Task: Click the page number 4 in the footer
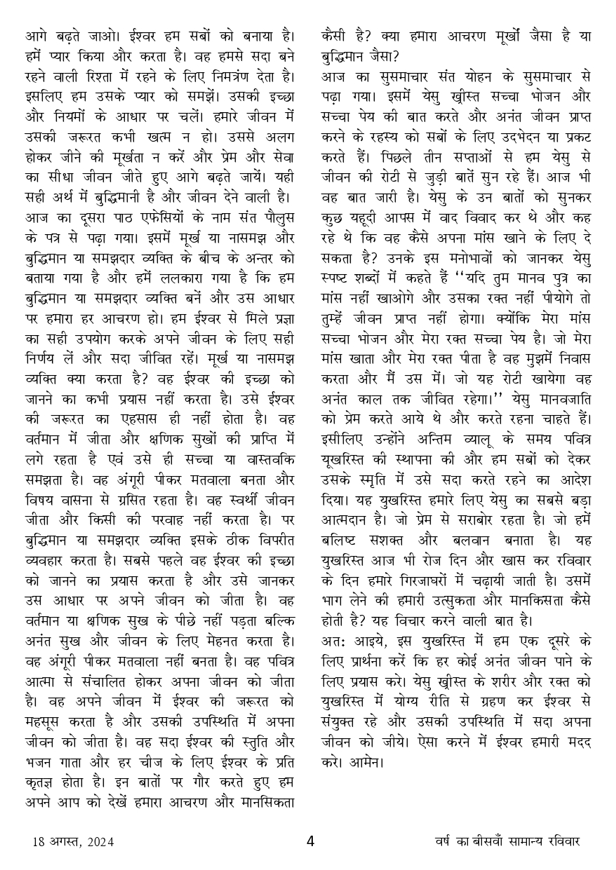(x=309, y=841)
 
